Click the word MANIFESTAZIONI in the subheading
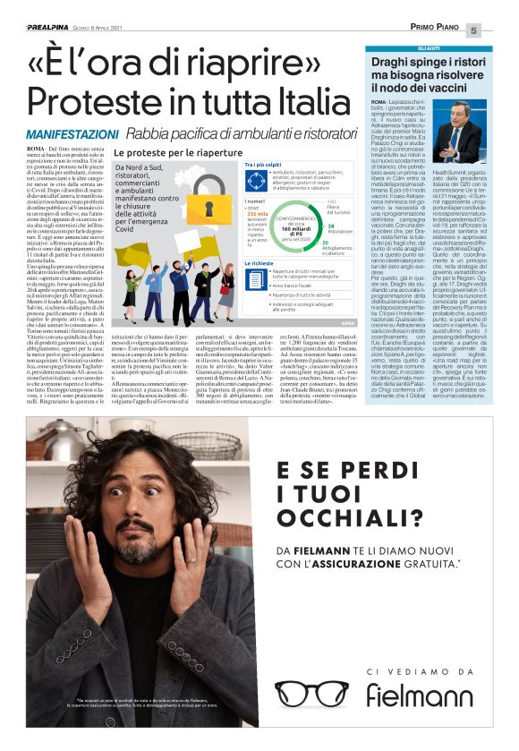(60, 134)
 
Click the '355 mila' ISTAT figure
(233, 214)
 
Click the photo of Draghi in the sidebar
(461, 131)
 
